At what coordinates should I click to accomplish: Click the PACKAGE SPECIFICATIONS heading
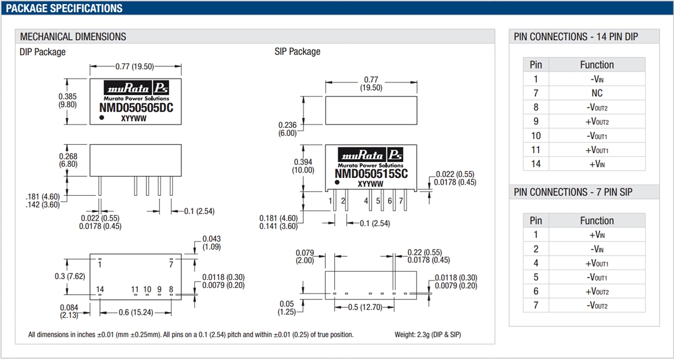(64, 8)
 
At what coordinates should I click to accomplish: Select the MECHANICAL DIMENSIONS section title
(73, 37)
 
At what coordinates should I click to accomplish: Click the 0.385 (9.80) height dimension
(67, 101)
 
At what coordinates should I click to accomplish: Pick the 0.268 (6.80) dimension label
(68, 160)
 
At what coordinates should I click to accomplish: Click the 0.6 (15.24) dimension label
(135, 313)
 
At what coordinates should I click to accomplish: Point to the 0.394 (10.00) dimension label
(303, 166)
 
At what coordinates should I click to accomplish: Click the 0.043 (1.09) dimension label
(211, 243)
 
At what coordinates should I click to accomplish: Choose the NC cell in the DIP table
(597, 93)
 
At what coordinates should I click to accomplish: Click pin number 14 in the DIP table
(536, 164)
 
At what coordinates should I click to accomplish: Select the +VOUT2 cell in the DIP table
(597, 122)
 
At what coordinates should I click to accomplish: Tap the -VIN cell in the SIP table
(597, 249)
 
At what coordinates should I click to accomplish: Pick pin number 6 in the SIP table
(536, 291)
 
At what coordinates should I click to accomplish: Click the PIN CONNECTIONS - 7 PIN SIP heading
(573, 192)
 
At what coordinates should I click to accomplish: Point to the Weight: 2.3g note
(428, 335)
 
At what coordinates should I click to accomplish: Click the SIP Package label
(297, 52)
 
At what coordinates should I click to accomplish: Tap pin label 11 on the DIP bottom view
(135, 289)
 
